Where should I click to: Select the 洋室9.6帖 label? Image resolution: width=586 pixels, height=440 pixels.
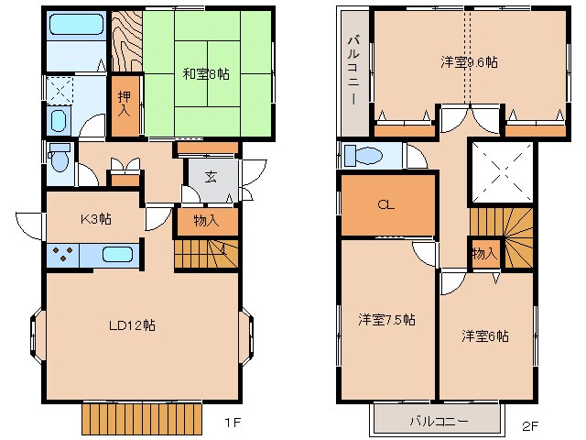[468, 62]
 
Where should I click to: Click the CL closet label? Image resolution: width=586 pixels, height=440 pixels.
[386, 205]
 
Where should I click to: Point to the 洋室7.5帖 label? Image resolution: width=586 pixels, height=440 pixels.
[385, 320]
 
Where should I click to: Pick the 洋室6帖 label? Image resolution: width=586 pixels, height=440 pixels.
[484, 335]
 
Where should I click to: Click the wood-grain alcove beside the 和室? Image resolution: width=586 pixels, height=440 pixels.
[125, 41]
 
